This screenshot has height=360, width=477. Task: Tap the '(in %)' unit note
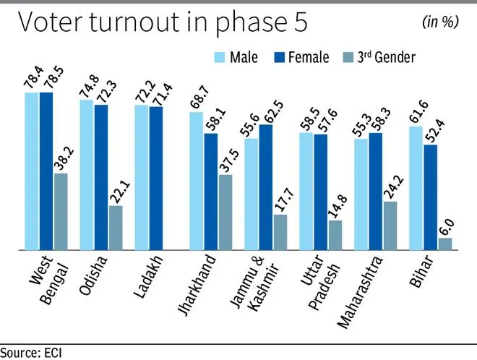click(x=440, y=22)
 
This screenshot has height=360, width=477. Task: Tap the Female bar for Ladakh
click(x=156, y=178)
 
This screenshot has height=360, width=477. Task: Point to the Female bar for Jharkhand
click(x=210, y=192)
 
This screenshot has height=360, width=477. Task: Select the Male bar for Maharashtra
click(x=361, y=194)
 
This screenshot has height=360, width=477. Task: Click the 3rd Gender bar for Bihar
click(x=445, y=244)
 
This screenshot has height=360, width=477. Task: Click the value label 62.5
click(x=266, y=106)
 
